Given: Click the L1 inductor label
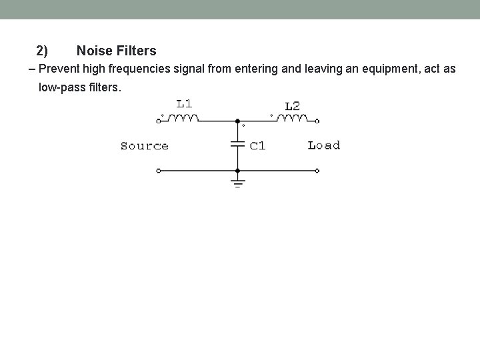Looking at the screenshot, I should coord(185,103).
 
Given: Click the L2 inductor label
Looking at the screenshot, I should coord(292,106).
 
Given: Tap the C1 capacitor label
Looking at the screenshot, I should coord(257,146).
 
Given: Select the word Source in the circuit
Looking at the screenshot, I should coord(144,146).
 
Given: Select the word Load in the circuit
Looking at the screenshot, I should coord(324,145).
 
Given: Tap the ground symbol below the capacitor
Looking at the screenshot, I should coord(237,182).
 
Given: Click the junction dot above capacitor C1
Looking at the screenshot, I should coord(237,121).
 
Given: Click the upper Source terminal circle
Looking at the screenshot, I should coord(158,121).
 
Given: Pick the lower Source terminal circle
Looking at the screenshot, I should coord(158,171).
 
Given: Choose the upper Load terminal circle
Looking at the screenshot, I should coord(317,121).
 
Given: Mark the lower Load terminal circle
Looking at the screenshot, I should coord(317,171).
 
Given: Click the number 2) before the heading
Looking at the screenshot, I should coord(42,50).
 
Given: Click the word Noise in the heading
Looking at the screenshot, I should coord(93,50).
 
